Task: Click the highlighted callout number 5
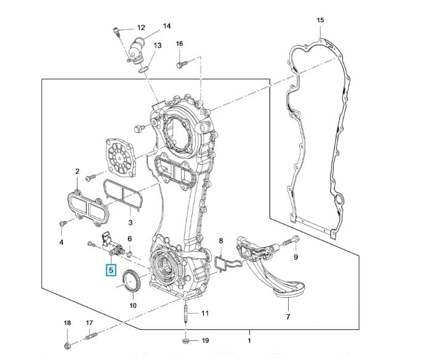pyautogui.click(x=111, y=270)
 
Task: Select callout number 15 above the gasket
pyautogui.click(x=320, y=20)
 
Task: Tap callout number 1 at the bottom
pyautogui.click(x=249, y=340)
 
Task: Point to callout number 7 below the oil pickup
pyautogui.click(x=287, y=317)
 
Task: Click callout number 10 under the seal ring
pyautogui.click(x=133, y=305)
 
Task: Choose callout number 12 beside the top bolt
pyautogui.click(x=141, y=28)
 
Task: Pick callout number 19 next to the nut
pyautogui.click(x=206, y=340)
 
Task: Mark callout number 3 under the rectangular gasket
pyautogui.click(x=130, y=222)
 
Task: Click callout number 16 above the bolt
pyautogui.click(x=179, y=44)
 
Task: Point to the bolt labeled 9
pyautogui.click(x=290, y=240)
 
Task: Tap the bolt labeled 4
pyautogui.click(x=62, y=223)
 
